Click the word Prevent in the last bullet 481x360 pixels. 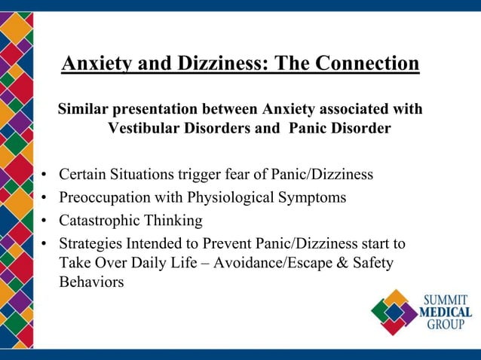click(x=229, y=243)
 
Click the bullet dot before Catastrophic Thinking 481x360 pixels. click(x=44, y=221)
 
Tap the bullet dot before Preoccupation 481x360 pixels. click(x=44, y=199)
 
